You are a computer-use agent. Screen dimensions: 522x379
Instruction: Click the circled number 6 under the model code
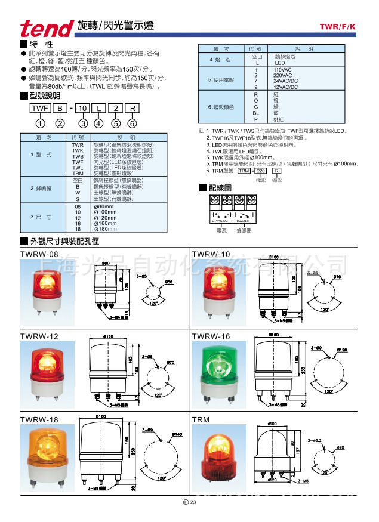pos(133,123)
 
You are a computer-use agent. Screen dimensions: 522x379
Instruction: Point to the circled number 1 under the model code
pos(40,123)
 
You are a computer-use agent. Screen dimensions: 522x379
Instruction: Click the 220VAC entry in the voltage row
pos(283,76)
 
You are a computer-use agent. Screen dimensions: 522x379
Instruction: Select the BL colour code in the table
pos(256,111)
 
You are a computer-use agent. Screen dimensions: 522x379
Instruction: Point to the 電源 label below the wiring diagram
pos(221,230)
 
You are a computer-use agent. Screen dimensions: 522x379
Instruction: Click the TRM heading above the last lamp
pos(201,420)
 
